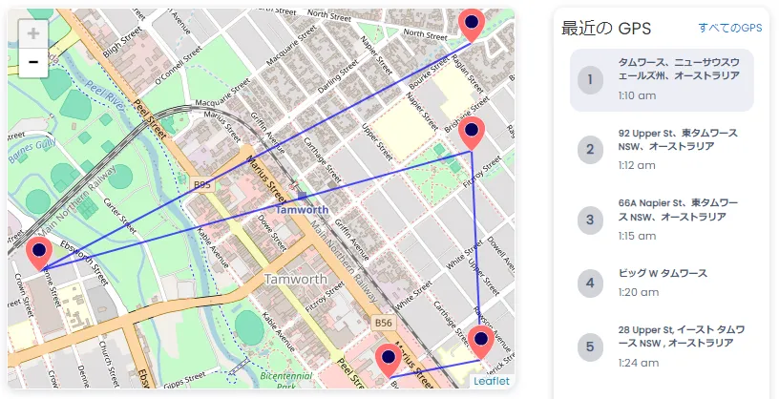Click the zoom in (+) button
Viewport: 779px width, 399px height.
[x=33, y=34]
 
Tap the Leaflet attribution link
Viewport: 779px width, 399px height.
[x=492, y=381]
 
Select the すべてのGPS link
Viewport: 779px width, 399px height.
[x=729, y=29]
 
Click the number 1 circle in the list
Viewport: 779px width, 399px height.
[x=590, y=78]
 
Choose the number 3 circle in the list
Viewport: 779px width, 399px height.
[x=590, y=220]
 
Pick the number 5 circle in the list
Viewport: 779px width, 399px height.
[x=590, y=346]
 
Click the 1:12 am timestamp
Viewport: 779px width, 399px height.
[x=636, y=165]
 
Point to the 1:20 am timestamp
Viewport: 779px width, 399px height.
[x=636, y=292]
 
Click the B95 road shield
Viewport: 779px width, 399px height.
[x=201, y=184]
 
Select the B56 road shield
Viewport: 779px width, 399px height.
[x=384, y=324]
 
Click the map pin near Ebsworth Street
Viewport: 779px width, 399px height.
[x=39, y=253]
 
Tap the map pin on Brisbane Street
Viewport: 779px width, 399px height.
[x=472, y=133]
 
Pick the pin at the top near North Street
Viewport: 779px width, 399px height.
[x=472, y=21]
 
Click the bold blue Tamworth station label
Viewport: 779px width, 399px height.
[x=303, y=209]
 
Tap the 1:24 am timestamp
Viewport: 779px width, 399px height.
[x=636, y=363]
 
